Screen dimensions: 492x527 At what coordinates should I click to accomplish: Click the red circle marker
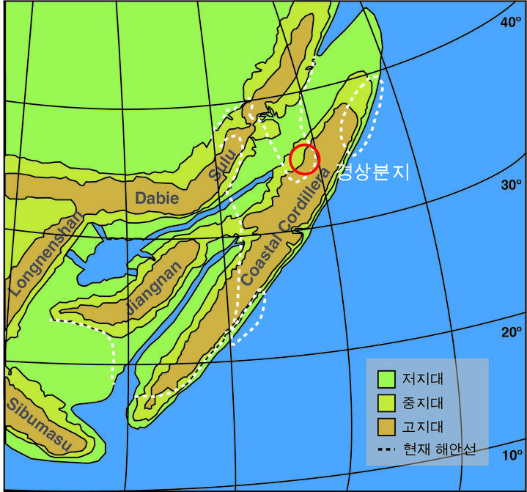tap(304, 158)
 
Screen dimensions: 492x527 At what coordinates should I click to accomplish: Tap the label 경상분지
tap(372, 172)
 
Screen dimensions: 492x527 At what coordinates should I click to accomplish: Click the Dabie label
tap(157, 197)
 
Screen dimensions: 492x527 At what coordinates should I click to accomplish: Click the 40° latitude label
tap(510, 23)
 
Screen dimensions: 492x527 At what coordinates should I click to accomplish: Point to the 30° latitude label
tap(510, 184)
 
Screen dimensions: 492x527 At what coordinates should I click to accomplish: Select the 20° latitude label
tap(510, 332)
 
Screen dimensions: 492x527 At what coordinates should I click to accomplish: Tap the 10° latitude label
tap(510, 455)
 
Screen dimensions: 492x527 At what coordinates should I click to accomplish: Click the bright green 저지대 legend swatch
tap(386, 379)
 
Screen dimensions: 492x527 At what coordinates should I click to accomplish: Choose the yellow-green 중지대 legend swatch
tap(386, 403)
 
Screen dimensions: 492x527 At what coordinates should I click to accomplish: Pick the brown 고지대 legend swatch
tap(386, 426)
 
